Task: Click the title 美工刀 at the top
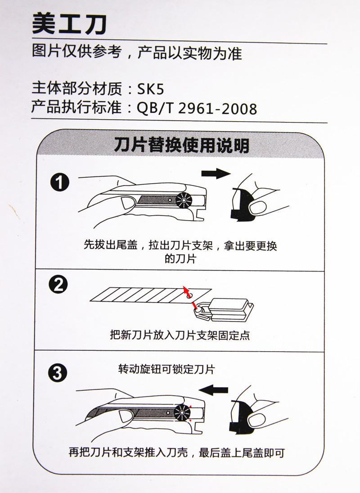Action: (x=69, y=24)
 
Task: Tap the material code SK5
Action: (x=150, y=90)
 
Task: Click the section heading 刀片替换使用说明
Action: (x=181, y=145)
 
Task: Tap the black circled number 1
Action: (x=60, y=182)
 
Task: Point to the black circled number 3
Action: (x=58, y=373)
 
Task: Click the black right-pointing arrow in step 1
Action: (x=216, y=173)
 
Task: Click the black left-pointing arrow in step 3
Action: (x=214, y=390)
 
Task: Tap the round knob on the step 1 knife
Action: (x=184, y=200)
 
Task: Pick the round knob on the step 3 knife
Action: (x=182, y=412)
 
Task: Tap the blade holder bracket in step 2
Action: (x=223, y=310)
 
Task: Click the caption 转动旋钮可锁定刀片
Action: (x=166, y=369)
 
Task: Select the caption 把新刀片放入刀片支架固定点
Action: (x=180, y=335)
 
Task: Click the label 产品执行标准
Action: (x=76, y=108)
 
